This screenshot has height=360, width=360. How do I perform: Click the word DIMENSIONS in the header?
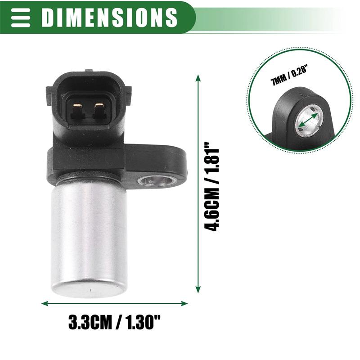pos(109,17)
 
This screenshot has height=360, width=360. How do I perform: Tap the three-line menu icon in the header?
pos(20,17)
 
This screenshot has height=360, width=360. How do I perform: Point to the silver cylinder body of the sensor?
pos(89,234)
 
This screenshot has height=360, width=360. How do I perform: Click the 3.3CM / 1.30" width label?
pos(114,322)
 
